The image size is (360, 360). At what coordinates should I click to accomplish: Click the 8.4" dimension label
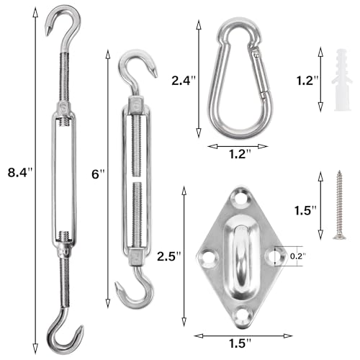pos(19,172)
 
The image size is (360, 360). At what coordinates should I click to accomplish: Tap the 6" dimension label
pos(98,174)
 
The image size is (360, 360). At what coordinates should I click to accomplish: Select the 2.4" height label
pos(184,81)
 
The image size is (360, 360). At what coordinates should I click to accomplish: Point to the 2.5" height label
pos(169,256)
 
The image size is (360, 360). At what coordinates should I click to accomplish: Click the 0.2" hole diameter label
pos(297,256)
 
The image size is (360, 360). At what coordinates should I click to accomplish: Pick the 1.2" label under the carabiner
pos(239,154)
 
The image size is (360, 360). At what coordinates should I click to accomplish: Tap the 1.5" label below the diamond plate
pos(240,343)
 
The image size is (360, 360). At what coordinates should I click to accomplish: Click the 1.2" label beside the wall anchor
pos(307,81)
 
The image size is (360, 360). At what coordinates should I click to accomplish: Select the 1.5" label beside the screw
pos(305,210)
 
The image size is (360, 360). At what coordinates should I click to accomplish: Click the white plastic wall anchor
pos(342,81)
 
